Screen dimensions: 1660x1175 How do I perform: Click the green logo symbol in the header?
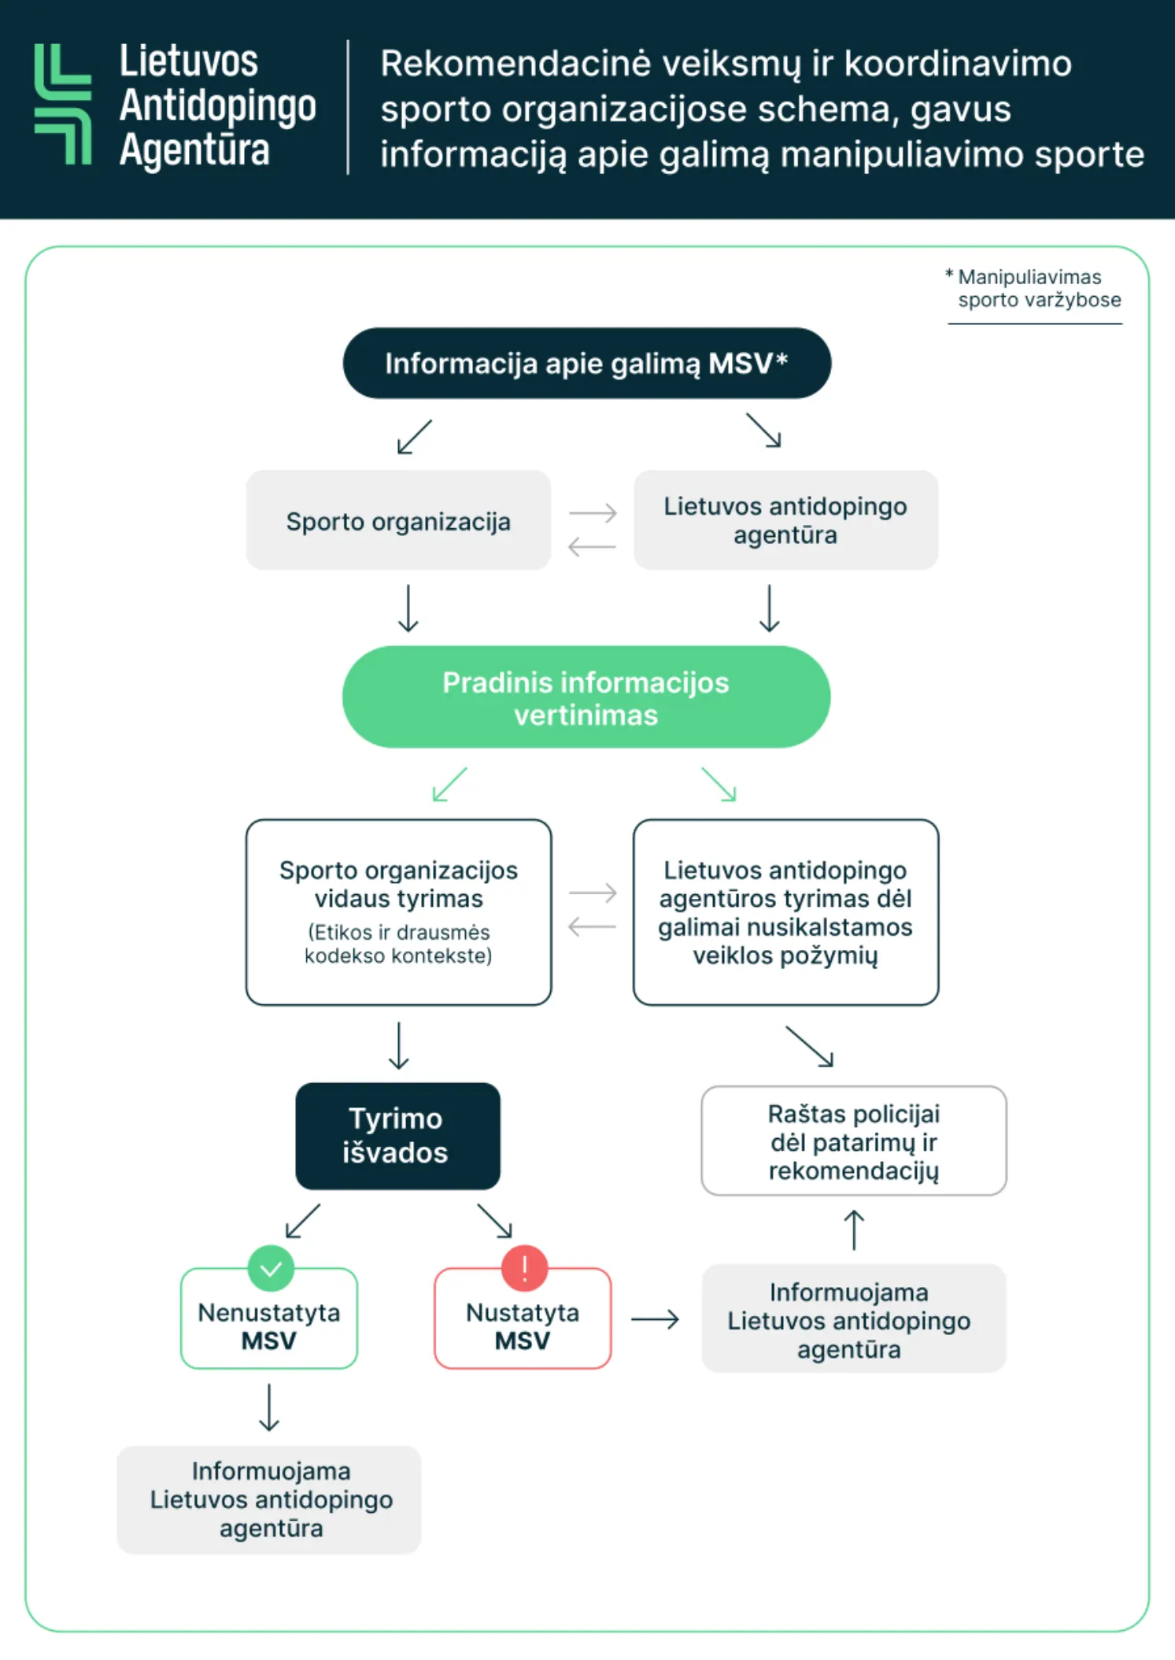click(x=63, y=104)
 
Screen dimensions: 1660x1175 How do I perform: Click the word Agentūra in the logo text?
click(x=194, y=150)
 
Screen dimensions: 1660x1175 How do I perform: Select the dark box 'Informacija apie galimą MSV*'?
click(x=586, y=364)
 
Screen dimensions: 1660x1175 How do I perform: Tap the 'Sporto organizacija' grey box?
click(x=398, y=521)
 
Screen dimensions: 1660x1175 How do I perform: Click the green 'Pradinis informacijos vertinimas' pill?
click(x=586, y=697)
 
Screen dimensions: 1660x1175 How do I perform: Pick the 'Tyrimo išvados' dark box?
click(x=397, y=1136)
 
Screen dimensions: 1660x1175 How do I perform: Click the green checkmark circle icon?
click(x=271, y=1268)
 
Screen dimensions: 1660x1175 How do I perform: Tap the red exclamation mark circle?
click(x=524, y=1268)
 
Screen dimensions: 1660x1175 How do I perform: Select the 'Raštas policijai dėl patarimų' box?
click(x=854, y=1141)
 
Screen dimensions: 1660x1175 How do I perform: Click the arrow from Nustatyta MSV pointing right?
click(x=655, y=1318)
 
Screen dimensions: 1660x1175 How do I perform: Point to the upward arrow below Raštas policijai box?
click(x=854, y=1229)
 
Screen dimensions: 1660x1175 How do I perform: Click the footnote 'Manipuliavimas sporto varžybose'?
click(x=1037, y=289)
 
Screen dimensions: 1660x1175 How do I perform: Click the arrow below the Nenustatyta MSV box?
click(x=269, y=1407)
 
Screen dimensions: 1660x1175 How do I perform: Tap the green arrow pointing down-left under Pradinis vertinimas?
click(x=449, y=785)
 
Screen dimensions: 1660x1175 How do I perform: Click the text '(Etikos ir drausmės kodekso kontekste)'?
click(x=398, y=944)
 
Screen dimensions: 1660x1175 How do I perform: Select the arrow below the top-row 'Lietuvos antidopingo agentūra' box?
click(x=769, y=608)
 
